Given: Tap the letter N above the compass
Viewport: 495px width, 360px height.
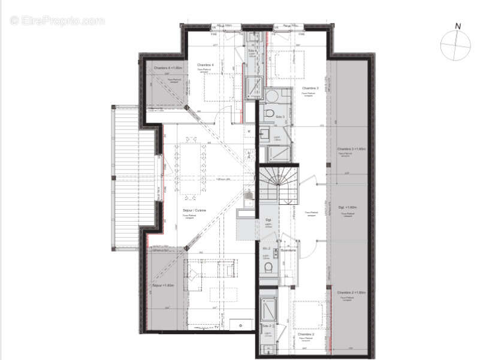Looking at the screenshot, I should click(457, 26).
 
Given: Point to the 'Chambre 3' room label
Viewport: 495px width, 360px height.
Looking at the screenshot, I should click(309, 89).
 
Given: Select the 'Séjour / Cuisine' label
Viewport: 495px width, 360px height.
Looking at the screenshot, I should click(194, 211).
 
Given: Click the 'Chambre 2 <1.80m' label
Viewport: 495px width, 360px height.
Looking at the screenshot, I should click(351, 292).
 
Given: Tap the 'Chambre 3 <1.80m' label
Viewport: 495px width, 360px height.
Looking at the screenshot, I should click(351, 148).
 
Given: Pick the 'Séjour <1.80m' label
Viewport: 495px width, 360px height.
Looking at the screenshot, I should click(163, 286).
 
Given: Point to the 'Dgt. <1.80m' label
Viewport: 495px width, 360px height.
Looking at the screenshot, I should click(348, 207).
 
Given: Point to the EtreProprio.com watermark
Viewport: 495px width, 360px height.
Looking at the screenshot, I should click(57, 20).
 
